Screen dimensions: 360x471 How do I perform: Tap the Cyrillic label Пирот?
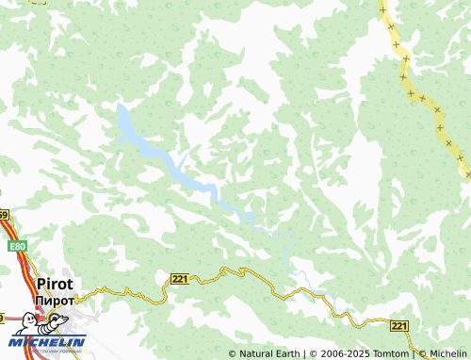[53, 300]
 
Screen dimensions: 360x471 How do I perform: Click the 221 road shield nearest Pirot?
[180, 278]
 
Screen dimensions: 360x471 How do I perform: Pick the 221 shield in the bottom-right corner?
[399, 325]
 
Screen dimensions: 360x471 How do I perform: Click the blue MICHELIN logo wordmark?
[48, 341]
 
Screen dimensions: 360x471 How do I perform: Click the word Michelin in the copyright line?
[448, 353]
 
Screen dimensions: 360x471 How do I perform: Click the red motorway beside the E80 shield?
[22, 269]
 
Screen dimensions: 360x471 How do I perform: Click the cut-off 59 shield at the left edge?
[3, 216]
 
